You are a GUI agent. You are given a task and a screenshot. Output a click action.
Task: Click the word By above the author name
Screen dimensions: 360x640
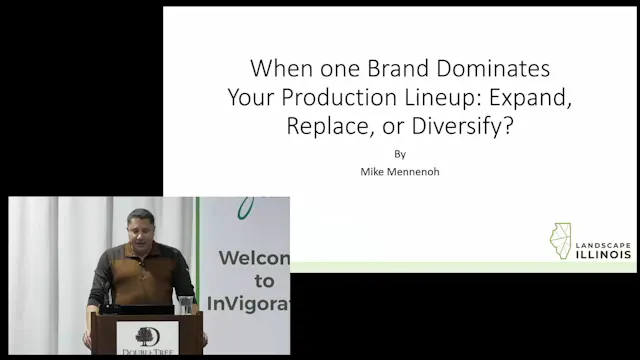tap(400, 155)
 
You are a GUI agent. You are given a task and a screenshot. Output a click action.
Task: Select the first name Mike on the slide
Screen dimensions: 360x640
tap(371, 172)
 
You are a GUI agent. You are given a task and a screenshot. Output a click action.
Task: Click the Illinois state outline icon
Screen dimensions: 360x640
tap(560, 241)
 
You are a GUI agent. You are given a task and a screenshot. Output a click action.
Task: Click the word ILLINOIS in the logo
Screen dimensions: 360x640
tap(604, 254)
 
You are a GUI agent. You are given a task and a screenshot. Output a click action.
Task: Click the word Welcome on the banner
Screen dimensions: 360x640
tap(254, 259)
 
